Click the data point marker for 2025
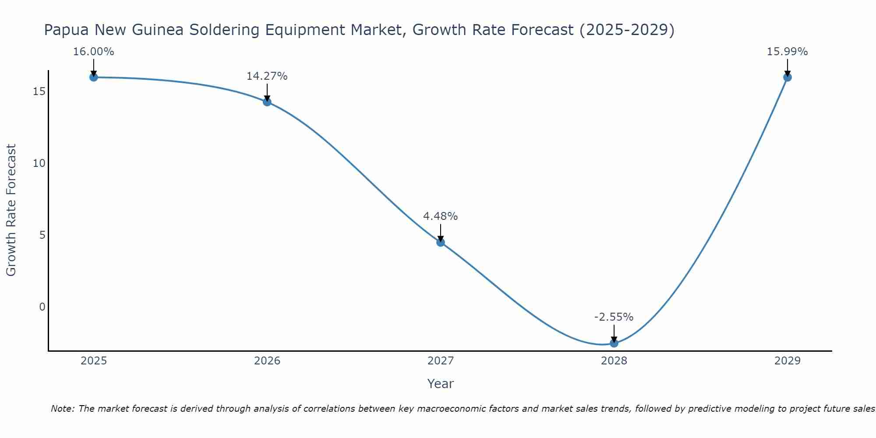pos(94,77)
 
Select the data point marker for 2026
pos(267,102)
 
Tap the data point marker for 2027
pos(441,242)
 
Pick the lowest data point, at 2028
pos(614,343)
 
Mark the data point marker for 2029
pos(788,77)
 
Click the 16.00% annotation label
pos(94,52)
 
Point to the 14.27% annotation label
pos(267,76)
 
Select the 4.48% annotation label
pos(441,216)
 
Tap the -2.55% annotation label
pos(614,317)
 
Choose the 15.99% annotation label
pos(788,52)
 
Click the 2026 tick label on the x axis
pos(267,361)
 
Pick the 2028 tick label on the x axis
pos(614,361)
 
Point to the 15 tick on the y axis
pos(39,91)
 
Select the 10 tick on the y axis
pos(39,163)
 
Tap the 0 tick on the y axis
pos(42,307)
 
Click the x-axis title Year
pos(441,384)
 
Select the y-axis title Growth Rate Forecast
pos(11,210)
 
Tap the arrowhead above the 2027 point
pos(441,238)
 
